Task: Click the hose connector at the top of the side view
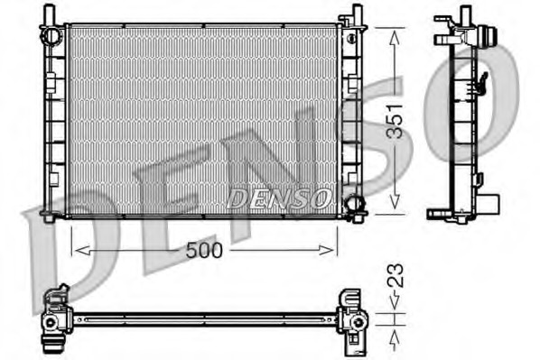pos(489,41)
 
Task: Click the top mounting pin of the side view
pos(465,14)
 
